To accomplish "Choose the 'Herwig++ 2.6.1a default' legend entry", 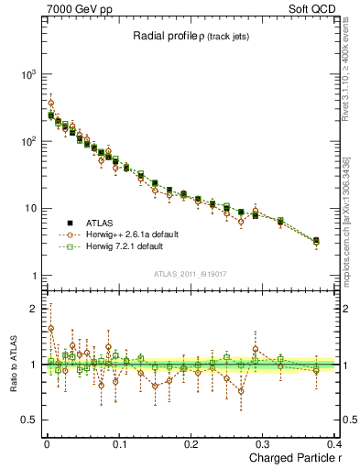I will tap(125, 234).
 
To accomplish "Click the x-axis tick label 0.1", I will tap(119, 443).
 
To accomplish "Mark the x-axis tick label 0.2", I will tap(191, 443).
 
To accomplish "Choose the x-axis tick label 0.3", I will tap(264, 443).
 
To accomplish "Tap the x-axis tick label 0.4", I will tap(333, 443).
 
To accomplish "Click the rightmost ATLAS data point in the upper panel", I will tap(316, 241).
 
